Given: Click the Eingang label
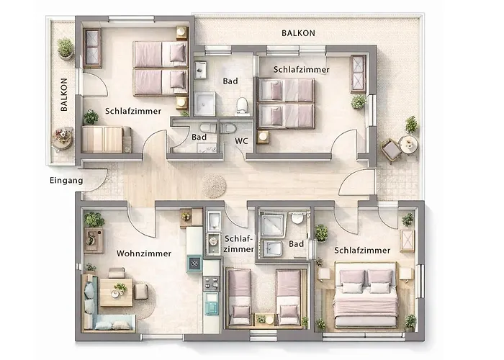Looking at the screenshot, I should (x=66, y=181).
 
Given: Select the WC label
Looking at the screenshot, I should (x=242, y=142).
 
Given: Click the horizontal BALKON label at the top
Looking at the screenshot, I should (x=298, y=33).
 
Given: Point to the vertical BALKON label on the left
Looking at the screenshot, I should (x=64, y=94).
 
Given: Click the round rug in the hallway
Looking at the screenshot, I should (x=214, y=186).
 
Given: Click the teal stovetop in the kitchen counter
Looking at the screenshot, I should (x=195, y=265).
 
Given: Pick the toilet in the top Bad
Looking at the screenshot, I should (x=243, y=105).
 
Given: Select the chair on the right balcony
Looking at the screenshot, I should (x=391, y=150).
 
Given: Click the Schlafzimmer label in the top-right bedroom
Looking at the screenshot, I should (x=301, y=70).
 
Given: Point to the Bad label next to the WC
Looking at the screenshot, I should (x=199, y=137).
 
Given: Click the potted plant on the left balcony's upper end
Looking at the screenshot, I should (x=66, y=48).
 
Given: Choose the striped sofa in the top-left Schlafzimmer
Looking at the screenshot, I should (x=105, y=139).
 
